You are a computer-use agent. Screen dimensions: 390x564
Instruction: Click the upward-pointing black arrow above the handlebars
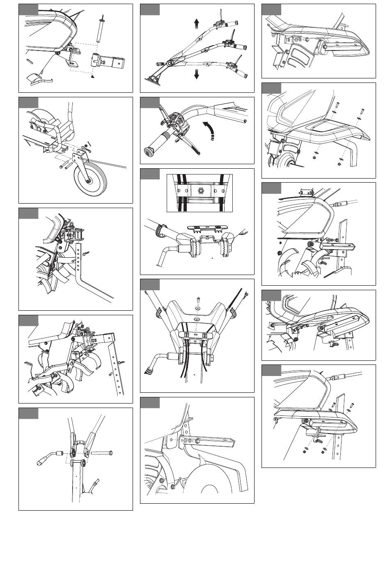tap(197, 23)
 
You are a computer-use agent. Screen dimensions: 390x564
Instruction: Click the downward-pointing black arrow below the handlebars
tap(197, 75)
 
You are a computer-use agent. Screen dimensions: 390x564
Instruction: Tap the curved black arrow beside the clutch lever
tap(210, 131)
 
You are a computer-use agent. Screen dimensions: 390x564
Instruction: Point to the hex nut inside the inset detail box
tap(201, 191)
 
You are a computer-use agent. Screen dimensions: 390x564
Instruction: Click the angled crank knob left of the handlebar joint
tap(48, 457)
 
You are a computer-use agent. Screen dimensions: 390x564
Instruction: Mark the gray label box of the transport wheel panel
tap(28, 103)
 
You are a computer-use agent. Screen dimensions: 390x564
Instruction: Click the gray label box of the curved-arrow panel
tap(150, 103)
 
